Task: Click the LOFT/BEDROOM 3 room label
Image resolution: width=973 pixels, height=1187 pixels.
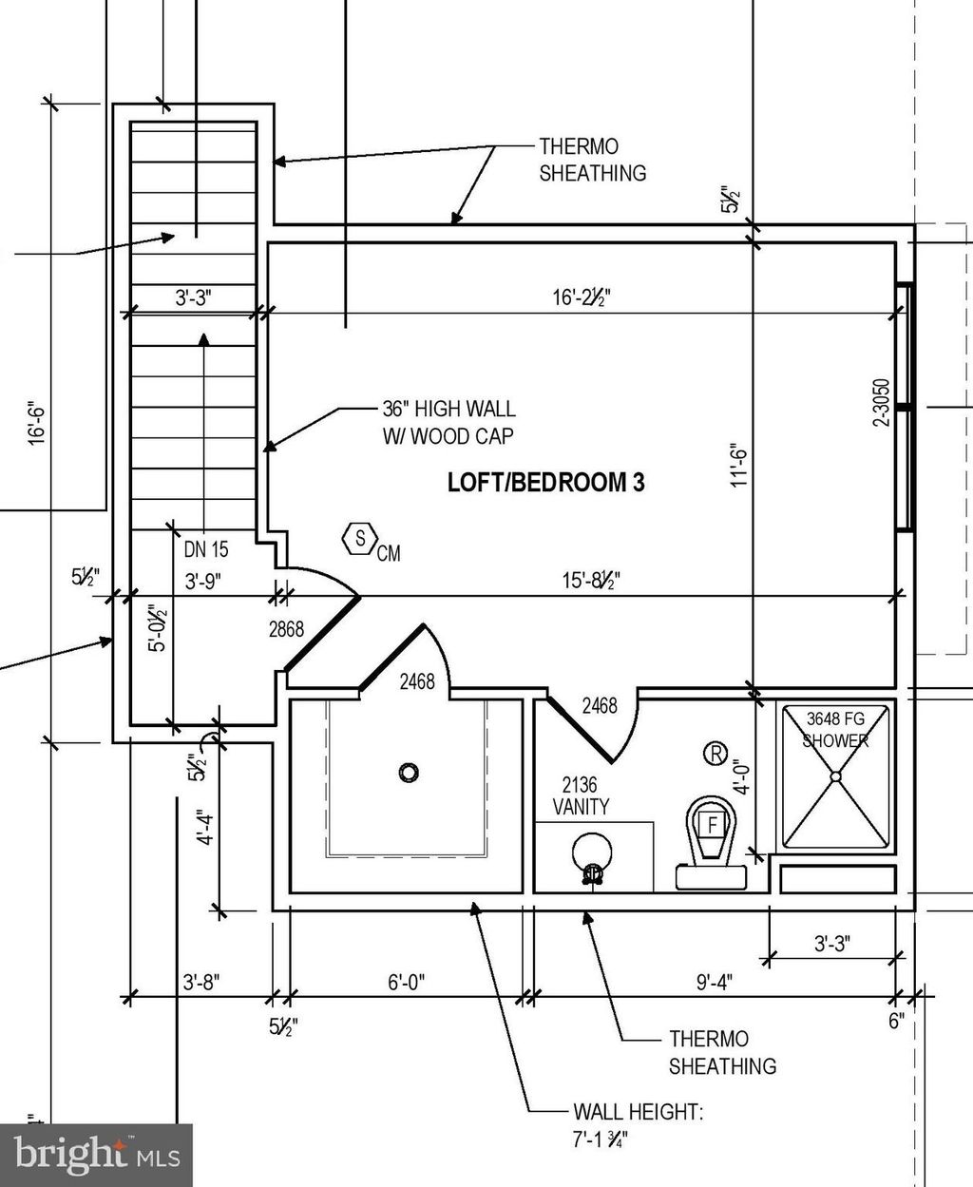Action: coord(545,482)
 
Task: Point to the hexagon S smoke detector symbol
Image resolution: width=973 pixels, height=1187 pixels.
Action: coord(360,538)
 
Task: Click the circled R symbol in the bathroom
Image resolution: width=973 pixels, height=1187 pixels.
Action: coord(715,754)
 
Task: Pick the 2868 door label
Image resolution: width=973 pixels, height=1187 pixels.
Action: coord(286,628)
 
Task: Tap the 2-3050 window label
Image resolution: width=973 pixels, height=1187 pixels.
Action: coord(881,401)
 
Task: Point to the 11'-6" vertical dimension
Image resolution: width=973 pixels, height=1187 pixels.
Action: coord(740,465)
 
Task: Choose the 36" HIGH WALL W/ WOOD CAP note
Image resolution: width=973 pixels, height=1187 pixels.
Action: coord(448,422)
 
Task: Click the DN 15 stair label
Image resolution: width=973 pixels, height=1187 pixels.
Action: coord(206,549)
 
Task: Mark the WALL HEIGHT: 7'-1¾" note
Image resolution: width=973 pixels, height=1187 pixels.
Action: coord(638,1124)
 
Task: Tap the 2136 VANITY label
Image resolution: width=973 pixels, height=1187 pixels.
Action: coord(581,795)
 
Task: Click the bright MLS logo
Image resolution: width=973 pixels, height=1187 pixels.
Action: coord(96,1155)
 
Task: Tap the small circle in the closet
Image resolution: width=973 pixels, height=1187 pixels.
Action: coord(409,772)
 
